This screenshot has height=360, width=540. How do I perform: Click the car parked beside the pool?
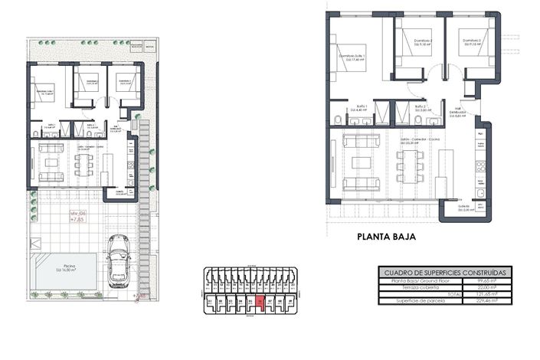119,260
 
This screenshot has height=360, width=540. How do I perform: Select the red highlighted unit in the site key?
259,303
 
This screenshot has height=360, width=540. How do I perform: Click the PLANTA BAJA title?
387,237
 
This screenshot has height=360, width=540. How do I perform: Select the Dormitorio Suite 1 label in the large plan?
352,57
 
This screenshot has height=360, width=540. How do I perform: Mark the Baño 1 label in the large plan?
362,108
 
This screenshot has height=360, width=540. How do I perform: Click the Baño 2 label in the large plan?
420,108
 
